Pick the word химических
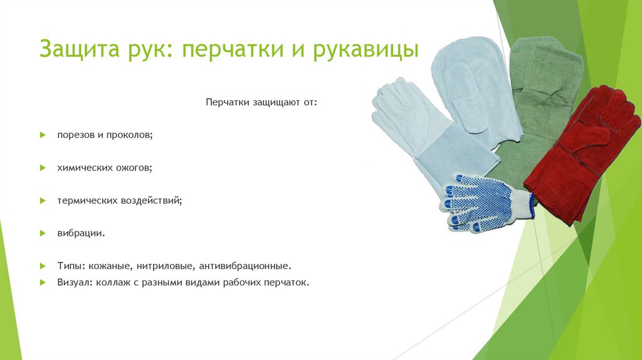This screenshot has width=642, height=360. click(x=85, y=168)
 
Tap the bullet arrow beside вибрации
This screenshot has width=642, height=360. click(x=43, y=233)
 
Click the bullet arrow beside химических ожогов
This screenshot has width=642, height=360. click(x=43, y=168)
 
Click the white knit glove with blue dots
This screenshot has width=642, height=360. click(x=483, y=202)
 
